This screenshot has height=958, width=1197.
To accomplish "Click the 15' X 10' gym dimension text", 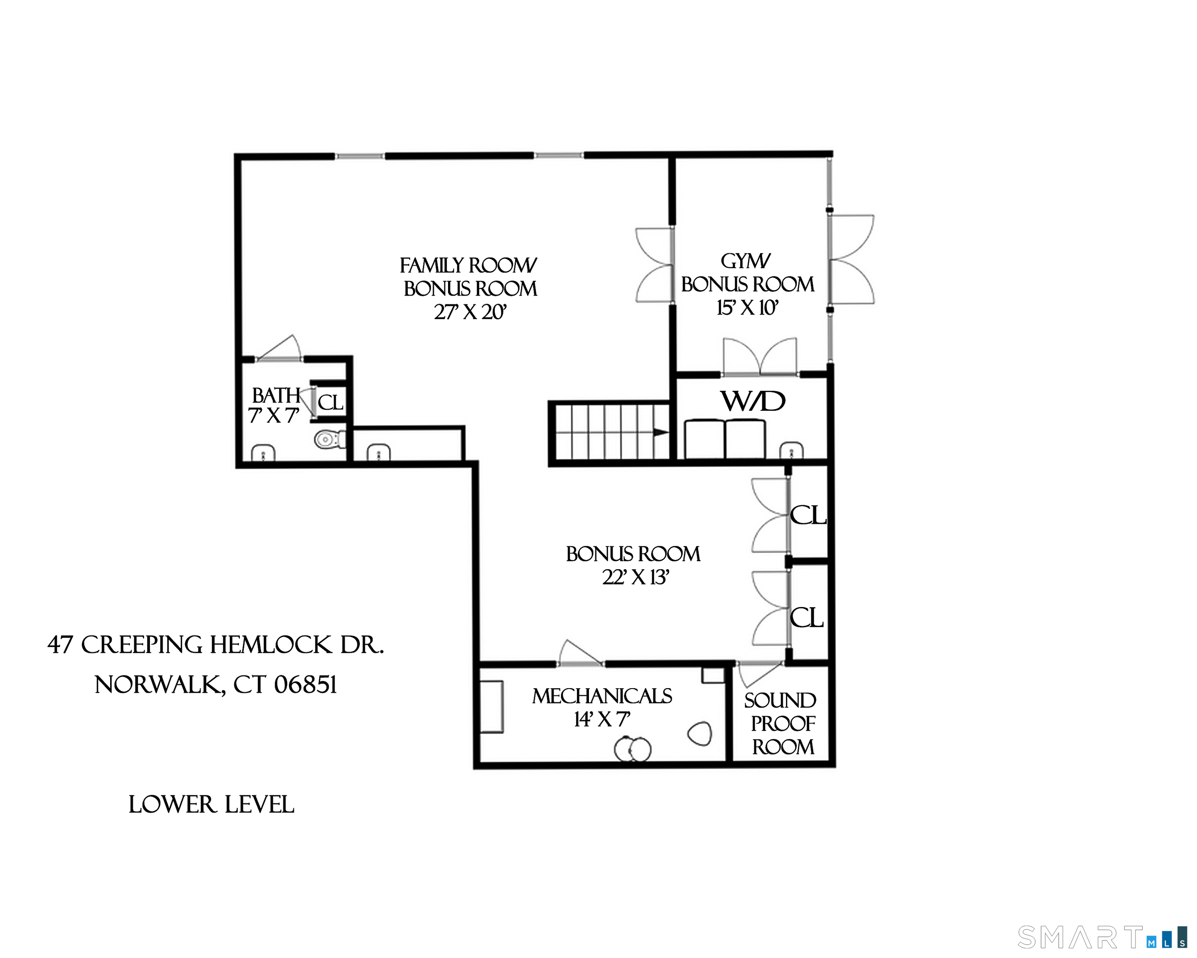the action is click(x=747, y=308).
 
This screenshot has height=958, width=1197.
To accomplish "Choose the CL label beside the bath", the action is click(x=330, y=402).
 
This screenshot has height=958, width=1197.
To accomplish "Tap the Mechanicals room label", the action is click(x=602, y=696).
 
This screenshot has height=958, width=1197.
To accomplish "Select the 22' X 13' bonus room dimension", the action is click(x=635, y=578).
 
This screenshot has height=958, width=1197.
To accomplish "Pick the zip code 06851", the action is click(x=306, y=685).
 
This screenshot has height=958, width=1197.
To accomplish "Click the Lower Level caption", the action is click(x=211, y=805).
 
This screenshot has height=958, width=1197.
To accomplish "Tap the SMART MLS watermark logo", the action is click(x=1101, y=938).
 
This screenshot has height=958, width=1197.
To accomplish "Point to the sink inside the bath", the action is click(x=263, y=453).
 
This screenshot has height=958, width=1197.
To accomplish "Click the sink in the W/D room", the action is click(x=791, y=450).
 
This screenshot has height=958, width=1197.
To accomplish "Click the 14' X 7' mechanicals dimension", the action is click(x=602, y=720).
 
